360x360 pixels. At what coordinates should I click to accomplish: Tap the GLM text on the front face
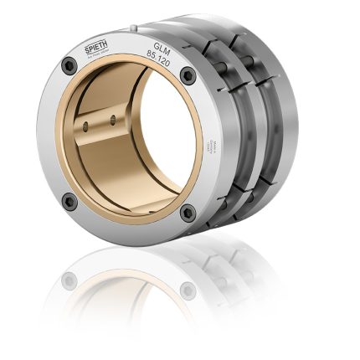pyautogui.click(x=162, y=46)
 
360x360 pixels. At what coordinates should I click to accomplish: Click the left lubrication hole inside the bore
pyautogui.click(x=86, y=126)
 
